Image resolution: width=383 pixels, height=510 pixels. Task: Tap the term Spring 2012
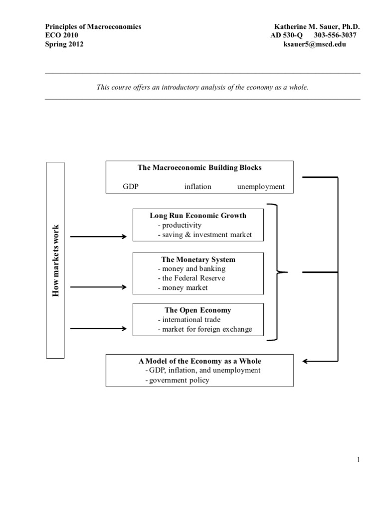tap(64, 44)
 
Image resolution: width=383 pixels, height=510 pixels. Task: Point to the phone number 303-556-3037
tap(336, 35)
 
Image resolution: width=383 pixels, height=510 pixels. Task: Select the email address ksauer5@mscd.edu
tap(314, 44)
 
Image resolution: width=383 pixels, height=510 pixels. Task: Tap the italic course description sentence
tap(202, 87)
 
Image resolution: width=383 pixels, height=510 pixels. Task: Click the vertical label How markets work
tap(55, 260)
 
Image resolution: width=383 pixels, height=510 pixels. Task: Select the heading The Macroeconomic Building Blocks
tap(199, 168)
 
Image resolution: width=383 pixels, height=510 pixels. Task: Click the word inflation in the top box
tap(197, 187)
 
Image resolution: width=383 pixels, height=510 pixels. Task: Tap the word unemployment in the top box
tap(261, 187)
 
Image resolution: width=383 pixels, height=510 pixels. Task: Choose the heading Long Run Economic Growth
tap(198, 216)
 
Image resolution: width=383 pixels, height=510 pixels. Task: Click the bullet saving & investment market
tap(204, 235)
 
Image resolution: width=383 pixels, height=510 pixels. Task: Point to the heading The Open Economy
tap(198, 310)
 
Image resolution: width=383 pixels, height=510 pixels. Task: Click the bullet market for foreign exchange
tap(204, 329)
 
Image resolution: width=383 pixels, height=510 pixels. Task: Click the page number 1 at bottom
tap(358, 460)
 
